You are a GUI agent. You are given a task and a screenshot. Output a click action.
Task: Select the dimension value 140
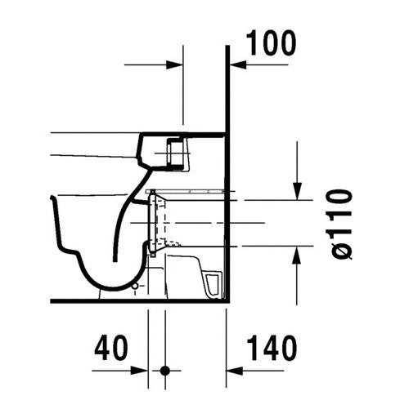point(269,349)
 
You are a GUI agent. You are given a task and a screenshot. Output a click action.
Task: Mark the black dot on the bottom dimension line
point(165,371)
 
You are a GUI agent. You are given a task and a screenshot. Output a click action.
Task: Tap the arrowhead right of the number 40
point(142,371)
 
